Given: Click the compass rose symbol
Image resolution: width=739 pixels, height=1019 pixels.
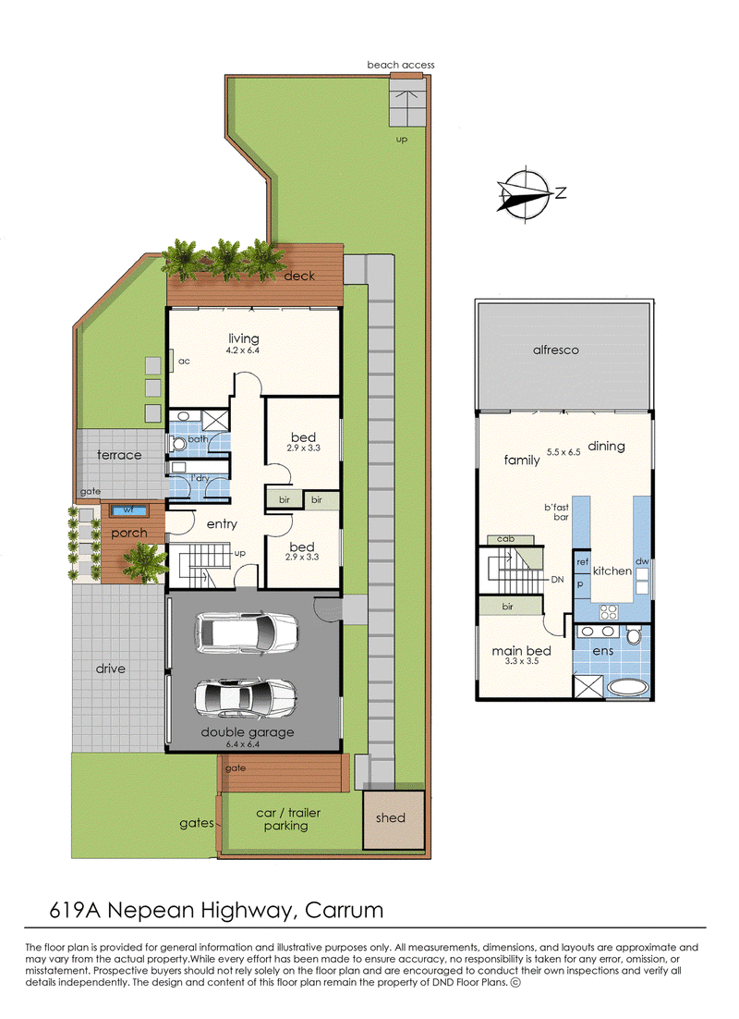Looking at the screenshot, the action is click(525, 194).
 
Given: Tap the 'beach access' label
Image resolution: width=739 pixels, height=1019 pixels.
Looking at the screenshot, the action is click(401, 65).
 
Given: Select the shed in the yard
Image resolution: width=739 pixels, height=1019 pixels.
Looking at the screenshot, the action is click(394, 819).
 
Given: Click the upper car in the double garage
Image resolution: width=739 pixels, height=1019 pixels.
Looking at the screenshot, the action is click(247, 632).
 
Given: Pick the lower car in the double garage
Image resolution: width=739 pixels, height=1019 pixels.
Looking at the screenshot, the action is click(247, 698).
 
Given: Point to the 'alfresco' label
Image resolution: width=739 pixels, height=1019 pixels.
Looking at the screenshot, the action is click(556, 350).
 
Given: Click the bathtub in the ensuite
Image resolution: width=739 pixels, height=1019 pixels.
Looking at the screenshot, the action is click(627, 687).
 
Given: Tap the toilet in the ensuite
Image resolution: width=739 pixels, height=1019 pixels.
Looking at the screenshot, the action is click(635, 634).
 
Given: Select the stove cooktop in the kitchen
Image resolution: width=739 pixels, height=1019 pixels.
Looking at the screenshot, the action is click(609, 611).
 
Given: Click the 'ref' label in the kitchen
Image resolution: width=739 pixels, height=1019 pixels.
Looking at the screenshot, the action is click(583, 561).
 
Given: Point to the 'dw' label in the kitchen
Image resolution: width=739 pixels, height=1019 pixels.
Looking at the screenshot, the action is click(642, 561).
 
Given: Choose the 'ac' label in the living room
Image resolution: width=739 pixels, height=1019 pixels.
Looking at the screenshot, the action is click(185, 362).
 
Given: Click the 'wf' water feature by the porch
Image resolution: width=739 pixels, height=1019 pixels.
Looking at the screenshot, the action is click(129, 510).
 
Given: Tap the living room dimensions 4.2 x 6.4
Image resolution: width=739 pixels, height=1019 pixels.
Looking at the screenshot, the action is click(243, 350).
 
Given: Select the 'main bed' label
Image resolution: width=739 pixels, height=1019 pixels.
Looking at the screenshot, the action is click(521, 651).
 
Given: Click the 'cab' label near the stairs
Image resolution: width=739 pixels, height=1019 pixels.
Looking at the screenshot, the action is click(506, 539).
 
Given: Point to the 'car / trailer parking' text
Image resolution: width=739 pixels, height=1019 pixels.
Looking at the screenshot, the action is click(288, 819).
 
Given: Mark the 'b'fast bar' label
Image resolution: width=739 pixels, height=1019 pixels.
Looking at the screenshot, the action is click(557, 511).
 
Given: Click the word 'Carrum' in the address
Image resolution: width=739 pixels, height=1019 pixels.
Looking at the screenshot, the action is click(345, 910).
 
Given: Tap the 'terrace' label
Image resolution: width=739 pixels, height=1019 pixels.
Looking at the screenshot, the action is click(119, 455).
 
